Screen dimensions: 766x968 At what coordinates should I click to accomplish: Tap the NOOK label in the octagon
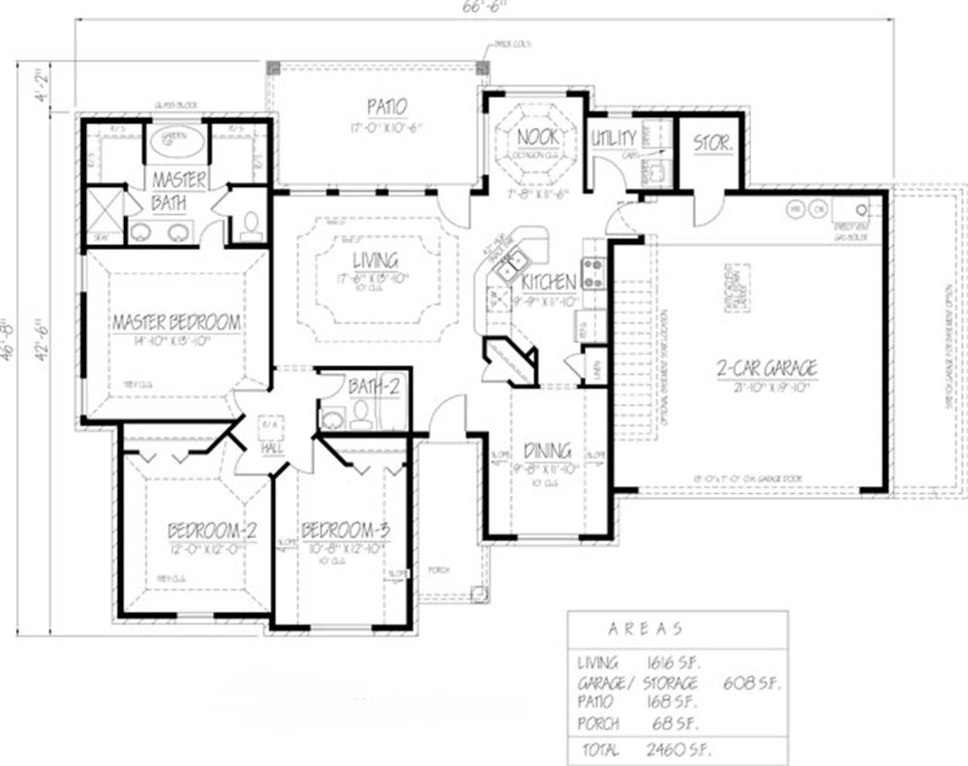pos(535,137)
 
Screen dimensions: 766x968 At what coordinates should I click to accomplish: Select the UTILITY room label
pos(614,138)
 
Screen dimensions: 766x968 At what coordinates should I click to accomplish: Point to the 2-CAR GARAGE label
pos(767,368)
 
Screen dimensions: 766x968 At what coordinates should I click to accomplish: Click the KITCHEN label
pos(549,282)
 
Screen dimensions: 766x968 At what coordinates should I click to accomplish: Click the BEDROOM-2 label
pos(211,531)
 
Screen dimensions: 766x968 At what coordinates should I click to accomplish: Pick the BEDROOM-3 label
pos(346,531)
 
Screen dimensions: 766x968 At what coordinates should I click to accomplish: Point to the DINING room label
pos(547,451)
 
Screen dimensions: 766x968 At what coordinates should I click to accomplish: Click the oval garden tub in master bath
pos(174,141)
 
